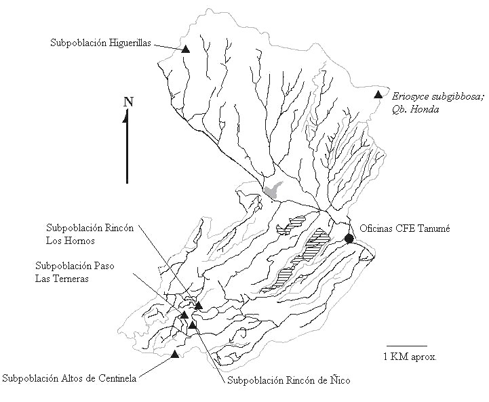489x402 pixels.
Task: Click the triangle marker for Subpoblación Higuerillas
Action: pos(185,49)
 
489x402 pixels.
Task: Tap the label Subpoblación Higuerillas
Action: pos(100,42)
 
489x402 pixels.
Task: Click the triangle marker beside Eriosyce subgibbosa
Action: pos(378,95)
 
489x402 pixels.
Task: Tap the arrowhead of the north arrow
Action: pos(126,117)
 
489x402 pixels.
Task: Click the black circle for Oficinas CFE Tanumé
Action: pos(349,238)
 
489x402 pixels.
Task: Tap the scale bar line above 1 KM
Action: pos(406,345)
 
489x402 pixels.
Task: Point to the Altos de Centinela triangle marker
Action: pos(176,354)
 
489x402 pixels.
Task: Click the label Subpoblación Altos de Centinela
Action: pos(69,378)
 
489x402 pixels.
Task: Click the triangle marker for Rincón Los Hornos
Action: pos(199,306)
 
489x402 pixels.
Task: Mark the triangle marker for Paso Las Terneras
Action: pos(184,315)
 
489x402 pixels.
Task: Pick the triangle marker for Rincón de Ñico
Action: pos(193,325)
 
